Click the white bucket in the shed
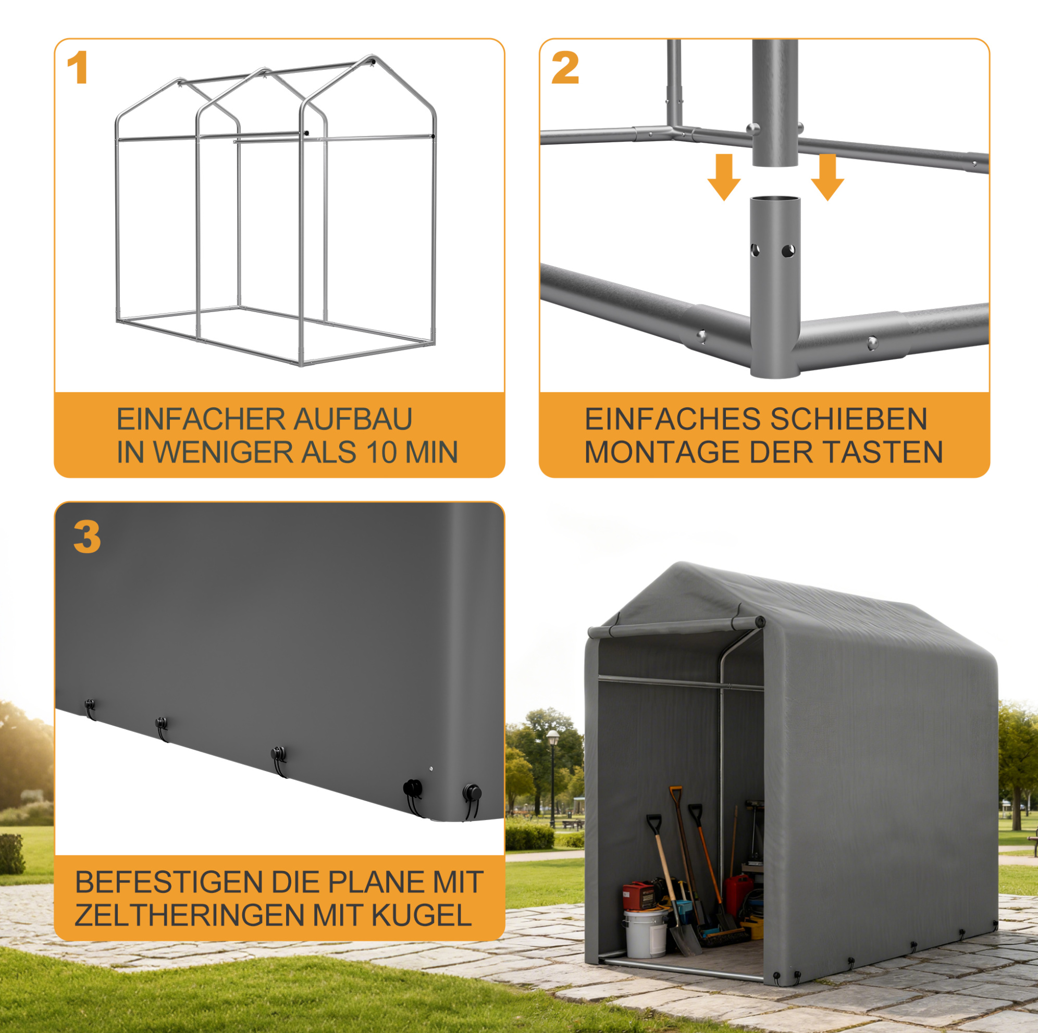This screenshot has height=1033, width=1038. click(x=646, y=933)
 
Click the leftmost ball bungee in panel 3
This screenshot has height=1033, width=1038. click(x=90, y=709)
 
